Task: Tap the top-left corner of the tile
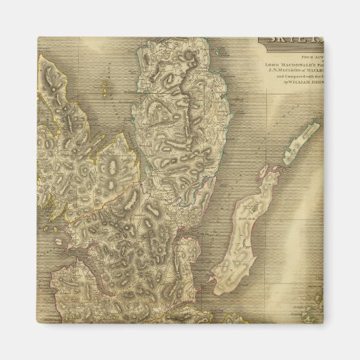click(37, 38)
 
